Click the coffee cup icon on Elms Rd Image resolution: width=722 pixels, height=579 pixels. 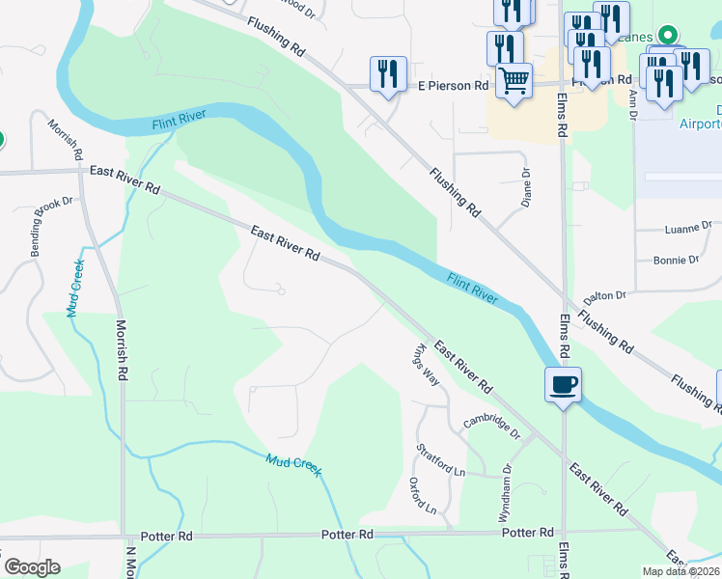563,385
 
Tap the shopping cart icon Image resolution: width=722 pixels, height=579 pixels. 514,81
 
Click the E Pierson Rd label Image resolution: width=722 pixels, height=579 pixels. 453,86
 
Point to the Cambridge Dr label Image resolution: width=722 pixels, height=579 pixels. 491,422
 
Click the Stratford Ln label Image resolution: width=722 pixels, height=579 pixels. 441,459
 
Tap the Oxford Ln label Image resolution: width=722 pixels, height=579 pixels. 423,495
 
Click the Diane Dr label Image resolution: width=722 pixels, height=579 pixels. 526,187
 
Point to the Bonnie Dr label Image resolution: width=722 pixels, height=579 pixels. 676,260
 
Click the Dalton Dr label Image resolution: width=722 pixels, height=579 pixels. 605,295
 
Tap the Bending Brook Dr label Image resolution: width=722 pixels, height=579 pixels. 52,226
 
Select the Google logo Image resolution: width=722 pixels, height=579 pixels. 32,567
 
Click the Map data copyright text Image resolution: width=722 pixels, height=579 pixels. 681,571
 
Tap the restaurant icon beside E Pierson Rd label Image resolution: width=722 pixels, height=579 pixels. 388,73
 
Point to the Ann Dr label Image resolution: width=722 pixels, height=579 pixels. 633,106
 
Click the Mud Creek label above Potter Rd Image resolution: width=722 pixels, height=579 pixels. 293,465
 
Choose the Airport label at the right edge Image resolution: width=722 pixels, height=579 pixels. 699,124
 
